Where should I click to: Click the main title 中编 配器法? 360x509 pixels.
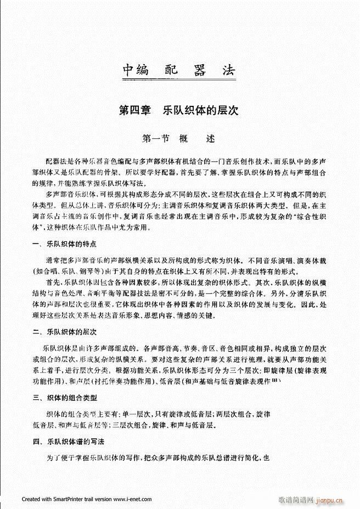179,71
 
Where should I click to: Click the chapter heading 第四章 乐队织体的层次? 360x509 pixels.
179,110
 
